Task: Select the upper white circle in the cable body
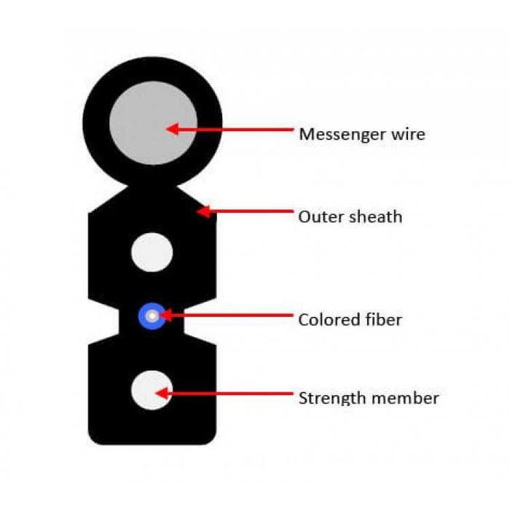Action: (152, 253)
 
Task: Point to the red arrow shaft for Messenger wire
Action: (233, 130)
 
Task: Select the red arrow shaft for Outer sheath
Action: (248, 212)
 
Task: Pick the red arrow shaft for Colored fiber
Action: (229, 316)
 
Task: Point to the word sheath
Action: (374, 216)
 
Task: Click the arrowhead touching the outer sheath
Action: (203, 212)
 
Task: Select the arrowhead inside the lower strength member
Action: (162, 394)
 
